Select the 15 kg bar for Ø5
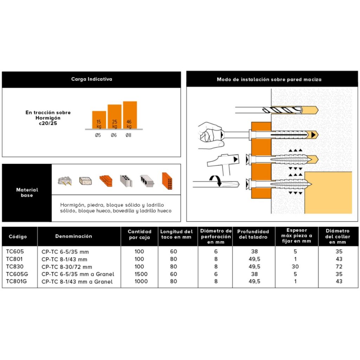pyautogui.click(x=99, y=120)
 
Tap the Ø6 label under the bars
pyautogui.click(x=114, y=135)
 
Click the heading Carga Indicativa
pyautogui.click(x=91, y=79)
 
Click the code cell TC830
pyautogui.click(x=15, y=266)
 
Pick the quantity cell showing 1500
pyautogui.click(x=140, y=274)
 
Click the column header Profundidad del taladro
pyautogui.click(x=253, y=234)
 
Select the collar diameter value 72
pyautogui.click(x=339, y=266)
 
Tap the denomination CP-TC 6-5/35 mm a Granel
pyautogui.click(x=78, y=274)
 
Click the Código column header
pyautogui.click(x=18, y=237)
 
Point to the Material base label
pyautogui.click(x=27, y=192)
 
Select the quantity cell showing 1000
pyautogui.click(x=140, y=281)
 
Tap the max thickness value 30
pyautogui.click(x=295, y=266)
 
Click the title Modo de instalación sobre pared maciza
pyautogui.click(x=269, y=79)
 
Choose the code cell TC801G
pyautogui.click(x=17, y=281)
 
